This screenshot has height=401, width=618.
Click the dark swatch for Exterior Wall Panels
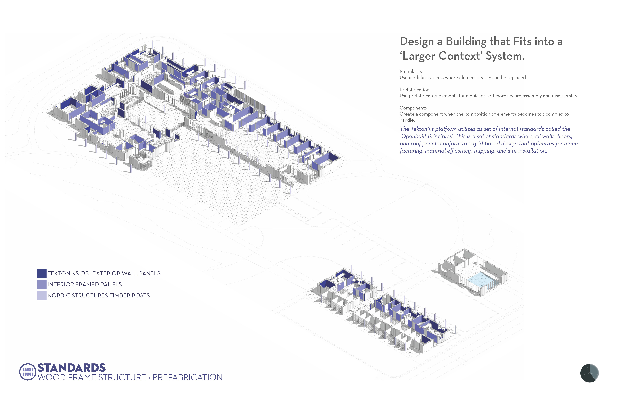(x=42, y=273)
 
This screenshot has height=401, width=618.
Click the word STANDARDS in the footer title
(x=72, y=368)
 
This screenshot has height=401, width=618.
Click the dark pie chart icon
(x=589, y=373)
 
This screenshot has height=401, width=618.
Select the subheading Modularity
(x=411, y=71)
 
